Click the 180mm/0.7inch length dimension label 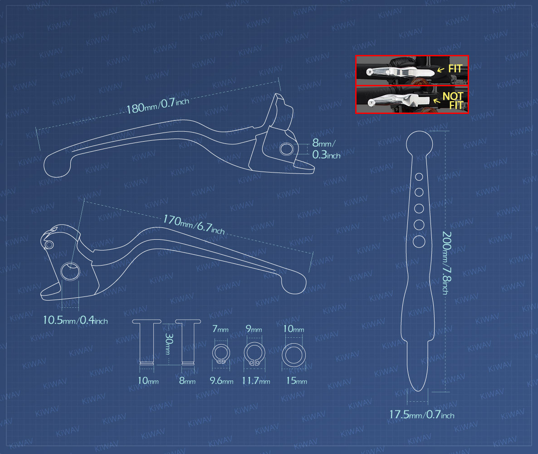pyautogui.click(x=158, y=105)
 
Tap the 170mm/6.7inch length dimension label pyautogui.click(x=194, y=225)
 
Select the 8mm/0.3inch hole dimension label pyautogui.click(x=326, y=149)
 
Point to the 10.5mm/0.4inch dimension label pyautogui.click(x=75, y=320)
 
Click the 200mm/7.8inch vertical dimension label pyautogui.click(x=446, y=263)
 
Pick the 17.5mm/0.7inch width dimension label pyautogui.click(x=422, y=415)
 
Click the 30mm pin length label pyautogui.click(x=168, y=343)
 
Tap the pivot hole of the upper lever pyautogui.click(x=287, y=149)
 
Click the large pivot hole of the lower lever pyautogui.click(x=70, y=271)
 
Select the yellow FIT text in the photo pyautogui.click(x=455, y=69)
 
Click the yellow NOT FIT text pyautogui.click(x=453, y=101)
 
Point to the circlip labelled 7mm pyautogui.click(x=221, y=354)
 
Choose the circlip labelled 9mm pyautogui.click(x=254, y=353)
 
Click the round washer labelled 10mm pyautogui.click(x=293, y=355)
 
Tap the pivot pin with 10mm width pyautogui.click(x=147, y=343)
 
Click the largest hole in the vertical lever pyautogui.click(x=419, y=242)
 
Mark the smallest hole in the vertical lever pyautogui.click(x=419, y=177)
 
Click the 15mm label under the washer pyautogui.click(x=297, y=380)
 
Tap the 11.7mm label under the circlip pyautogui.click(x=256, y=380)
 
